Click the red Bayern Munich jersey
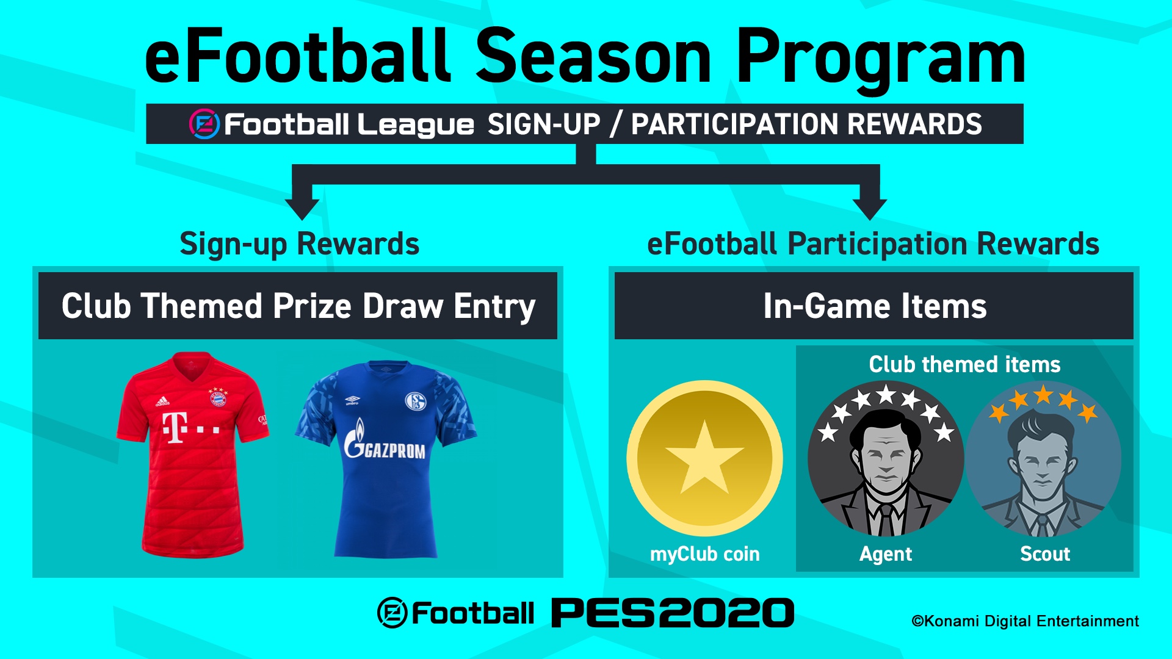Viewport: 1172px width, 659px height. pos(193,455)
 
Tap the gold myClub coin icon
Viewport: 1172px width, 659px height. pos(704,458)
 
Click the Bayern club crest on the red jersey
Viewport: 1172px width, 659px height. pos(218,398)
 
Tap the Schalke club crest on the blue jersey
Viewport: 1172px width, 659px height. pos(416,402)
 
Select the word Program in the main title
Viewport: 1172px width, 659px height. pos(880,59)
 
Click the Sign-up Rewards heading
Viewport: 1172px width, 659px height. pos(300,245)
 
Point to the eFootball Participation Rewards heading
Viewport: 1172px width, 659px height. pos(873,245)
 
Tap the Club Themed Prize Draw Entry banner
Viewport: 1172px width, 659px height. pos(298,306)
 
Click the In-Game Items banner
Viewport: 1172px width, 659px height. pos(874,306)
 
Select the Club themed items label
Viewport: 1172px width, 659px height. pos(964,364)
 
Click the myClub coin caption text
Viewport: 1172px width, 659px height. pos(704,554)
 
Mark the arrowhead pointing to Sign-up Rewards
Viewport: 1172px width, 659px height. pos(302,209)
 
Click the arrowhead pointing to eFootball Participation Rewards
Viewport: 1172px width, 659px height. pos(870,209)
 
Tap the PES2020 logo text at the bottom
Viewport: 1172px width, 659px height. pos(673,613)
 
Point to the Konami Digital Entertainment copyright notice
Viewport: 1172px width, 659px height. pos(1025,621)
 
